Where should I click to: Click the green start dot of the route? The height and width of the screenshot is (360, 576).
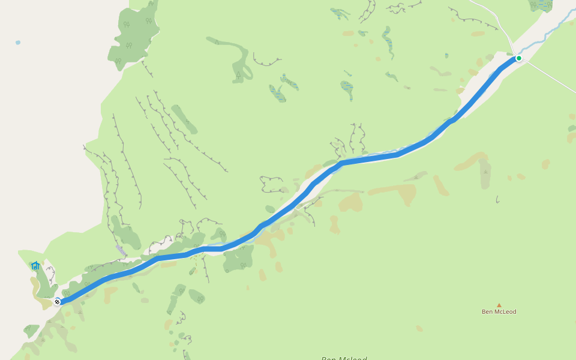pos(519,58)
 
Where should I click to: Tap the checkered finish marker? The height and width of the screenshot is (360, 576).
pos(57,301)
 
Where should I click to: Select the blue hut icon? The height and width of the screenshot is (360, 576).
pos(35,265)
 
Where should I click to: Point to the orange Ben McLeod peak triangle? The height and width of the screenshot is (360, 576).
pos(499,305)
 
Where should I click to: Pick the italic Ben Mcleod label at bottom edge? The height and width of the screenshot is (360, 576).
pos(344,358)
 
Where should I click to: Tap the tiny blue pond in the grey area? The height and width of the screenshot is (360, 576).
pos(18,43)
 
